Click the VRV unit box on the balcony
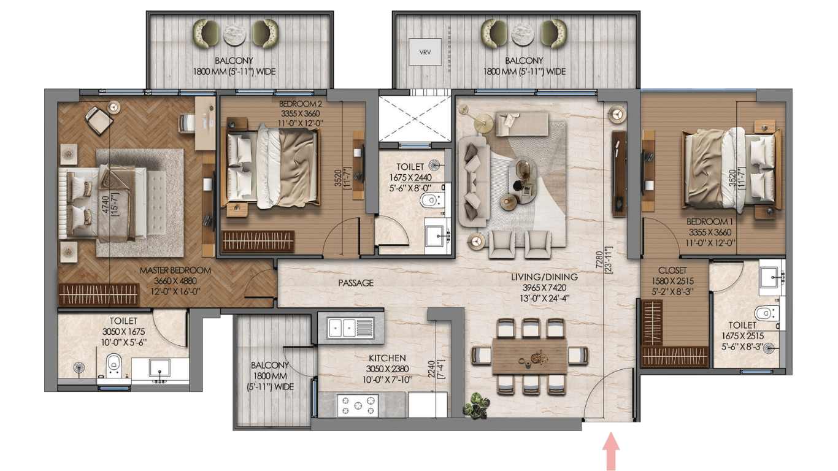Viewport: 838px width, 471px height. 425,52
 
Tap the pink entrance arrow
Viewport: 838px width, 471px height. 611,451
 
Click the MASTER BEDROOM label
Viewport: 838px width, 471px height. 175,270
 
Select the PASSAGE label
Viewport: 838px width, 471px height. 356,283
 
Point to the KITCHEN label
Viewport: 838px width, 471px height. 387,358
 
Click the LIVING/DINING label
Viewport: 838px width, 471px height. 544,277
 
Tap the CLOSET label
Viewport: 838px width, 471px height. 672,270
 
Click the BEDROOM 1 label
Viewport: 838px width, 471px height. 710,221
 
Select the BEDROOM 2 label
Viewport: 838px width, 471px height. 301,103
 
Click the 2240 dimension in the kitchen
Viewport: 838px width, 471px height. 431,369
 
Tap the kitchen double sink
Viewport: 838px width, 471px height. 350,327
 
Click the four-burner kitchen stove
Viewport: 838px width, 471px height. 358,405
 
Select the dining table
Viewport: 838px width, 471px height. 529,356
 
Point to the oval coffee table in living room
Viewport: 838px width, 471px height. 523,182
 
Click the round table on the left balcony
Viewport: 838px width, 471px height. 234,34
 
